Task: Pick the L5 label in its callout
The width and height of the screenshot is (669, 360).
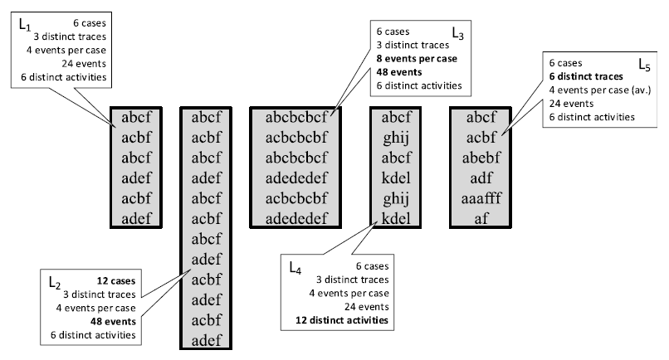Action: pos(642,64)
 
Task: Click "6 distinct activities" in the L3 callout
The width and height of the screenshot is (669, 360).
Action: pos(419,85)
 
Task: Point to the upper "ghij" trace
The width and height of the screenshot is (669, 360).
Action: pos(397,135)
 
